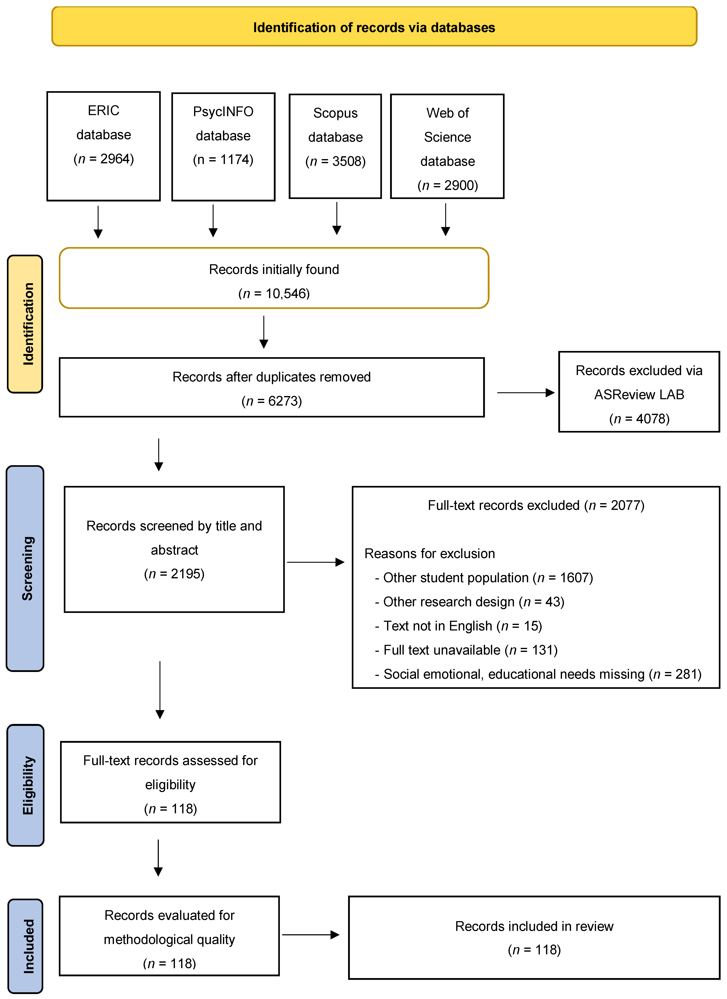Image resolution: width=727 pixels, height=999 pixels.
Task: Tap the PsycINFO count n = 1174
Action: pyautogui.click(x=223, y=159)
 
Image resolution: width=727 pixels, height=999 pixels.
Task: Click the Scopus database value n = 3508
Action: pyautogui.click(x=335, y=161)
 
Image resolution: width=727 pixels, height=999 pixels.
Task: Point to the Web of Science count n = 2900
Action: pyautogui.click(x=448, y=185)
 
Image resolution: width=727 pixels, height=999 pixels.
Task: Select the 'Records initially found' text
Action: pyautogui.click(x=274, y=269)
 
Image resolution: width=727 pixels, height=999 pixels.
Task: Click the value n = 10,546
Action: pyautogui.click(x=274, y=293)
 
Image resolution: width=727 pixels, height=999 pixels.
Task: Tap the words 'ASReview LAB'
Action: pyautogui.click(x=639, y=394)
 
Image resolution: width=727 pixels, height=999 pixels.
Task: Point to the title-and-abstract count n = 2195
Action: pyautogui.click(x=174, y=574)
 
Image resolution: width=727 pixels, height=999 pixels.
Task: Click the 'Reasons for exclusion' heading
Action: pyautogui.click(x=429, y=553)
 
